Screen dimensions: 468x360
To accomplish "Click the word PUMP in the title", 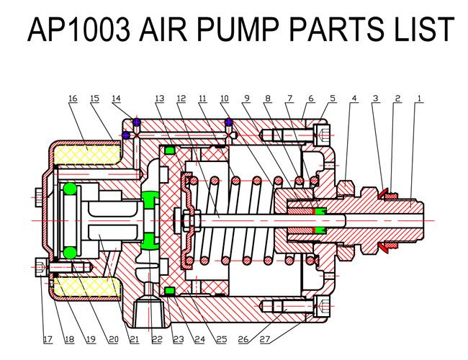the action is pyautogui.click(x=238, y=29).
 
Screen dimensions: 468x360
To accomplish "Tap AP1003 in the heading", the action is pyautogui.click(x=78, y=29).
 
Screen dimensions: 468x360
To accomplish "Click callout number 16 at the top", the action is pyautogui.click(x=73, y=98).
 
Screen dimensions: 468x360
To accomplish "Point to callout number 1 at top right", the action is pyautogui.click(x=419, y=98).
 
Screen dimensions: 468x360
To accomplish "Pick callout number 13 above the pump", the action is pyautogui.click(x=160, y=98).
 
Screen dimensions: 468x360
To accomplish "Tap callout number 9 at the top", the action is pyautogui.click(x=246, y=98).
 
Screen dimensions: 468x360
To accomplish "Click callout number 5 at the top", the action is pyautogui.click(x=333, y=98).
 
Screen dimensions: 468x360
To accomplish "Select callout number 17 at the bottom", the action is pyautogui.click(x=48, y=339).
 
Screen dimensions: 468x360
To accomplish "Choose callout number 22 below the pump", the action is pyautogui.click(x=157, y=339).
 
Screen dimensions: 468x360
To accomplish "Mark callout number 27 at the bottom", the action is pyautogui.click(x=265, y=339).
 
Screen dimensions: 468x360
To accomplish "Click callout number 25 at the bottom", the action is pyautogui.click(x=222, y=339).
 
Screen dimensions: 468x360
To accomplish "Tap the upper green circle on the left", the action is pyautogui.click(x=70, y=189).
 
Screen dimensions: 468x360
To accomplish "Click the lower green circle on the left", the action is pyautogui.click(x=70, y=253).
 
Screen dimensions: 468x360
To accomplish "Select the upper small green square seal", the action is pyautogui.click(x=169, y=150).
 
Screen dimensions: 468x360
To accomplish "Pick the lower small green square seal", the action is pyautogui.click(x=169, y=290).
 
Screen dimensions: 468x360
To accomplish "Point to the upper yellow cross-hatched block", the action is pyautogui.click(x=86, y=154).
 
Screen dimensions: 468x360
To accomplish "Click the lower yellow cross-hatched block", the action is pyautogui.click(x=86, y=287).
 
